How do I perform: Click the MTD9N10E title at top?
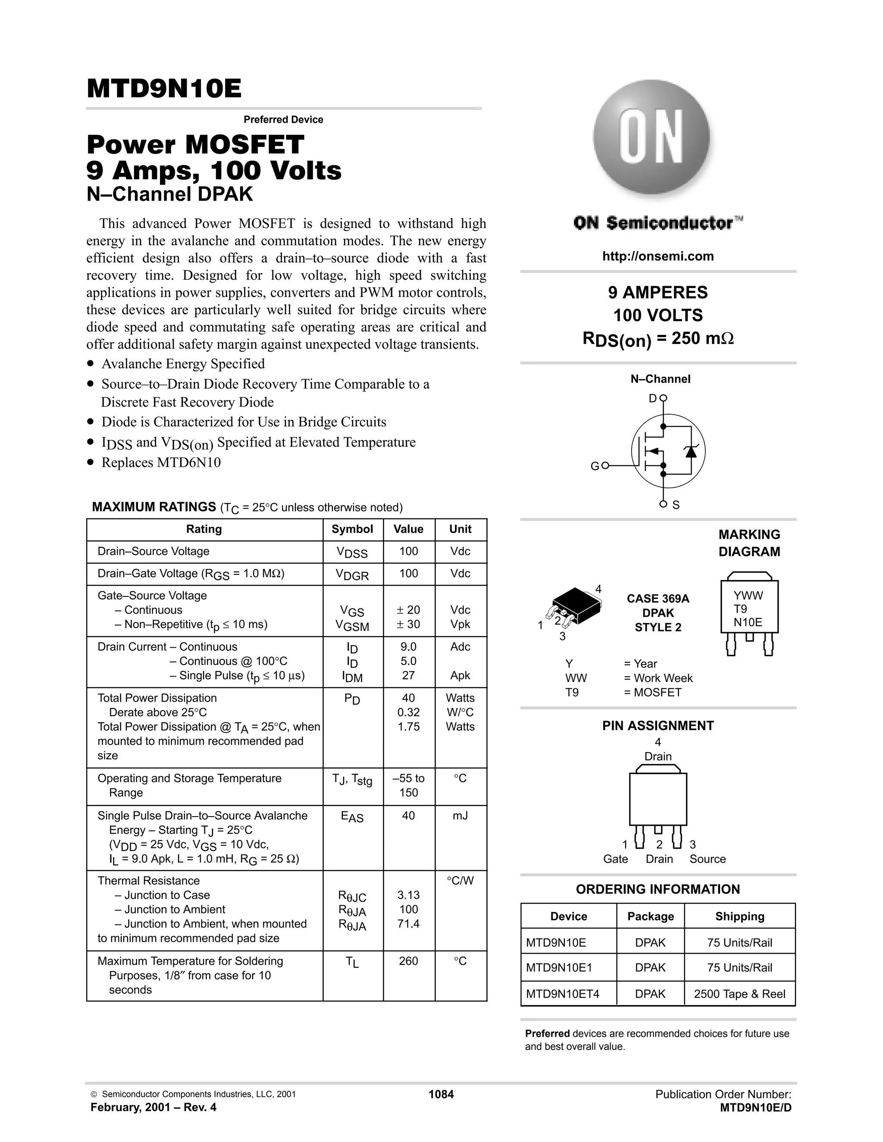[x=164, y=89]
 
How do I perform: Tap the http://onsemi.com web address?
[x=658, y=256]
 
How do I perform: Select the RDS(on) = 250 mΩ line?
[x=658, y=339]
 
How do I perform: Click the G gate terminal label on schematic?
[x=595, y=466]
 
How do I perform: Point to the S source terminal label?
[x=676, y=505]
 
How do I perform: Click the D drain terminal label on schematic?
[x=652, y=399]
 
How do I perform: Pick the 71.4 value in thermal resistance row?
[x=408, y=924]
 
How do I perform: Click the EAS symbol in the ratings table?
[x=352, y=817]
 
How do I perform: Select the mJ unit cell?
[x=460, y=816]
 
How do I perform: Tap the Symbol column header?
[x=352, y=529]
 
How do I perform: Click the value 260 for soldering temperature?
[x=408, y=961]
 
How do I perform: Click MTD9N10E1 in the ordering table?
[x=559, y=968]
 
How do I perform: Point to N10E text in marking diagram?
[x=748, y=622]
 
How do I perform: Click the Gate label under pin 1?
[x=615, y=859]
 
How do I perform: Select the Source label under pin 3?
[x=707, y=859]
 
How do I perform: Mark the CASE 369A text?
[x=658, y=599]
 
